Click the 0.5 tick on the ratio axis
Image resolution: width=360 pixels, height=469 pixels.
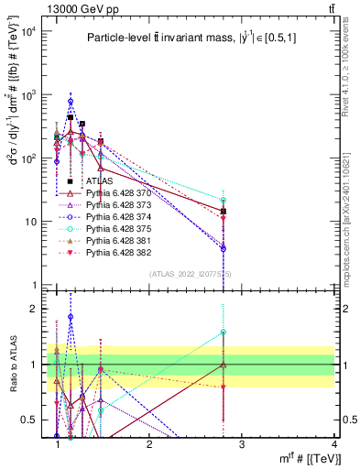pos(29,420)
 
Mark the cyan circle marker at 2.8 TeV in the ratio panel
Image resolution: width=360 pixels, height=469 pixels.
pos(224,333)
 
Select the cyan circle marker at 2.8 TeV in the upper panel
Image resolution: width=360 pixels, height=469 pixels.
pos(224,200)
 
